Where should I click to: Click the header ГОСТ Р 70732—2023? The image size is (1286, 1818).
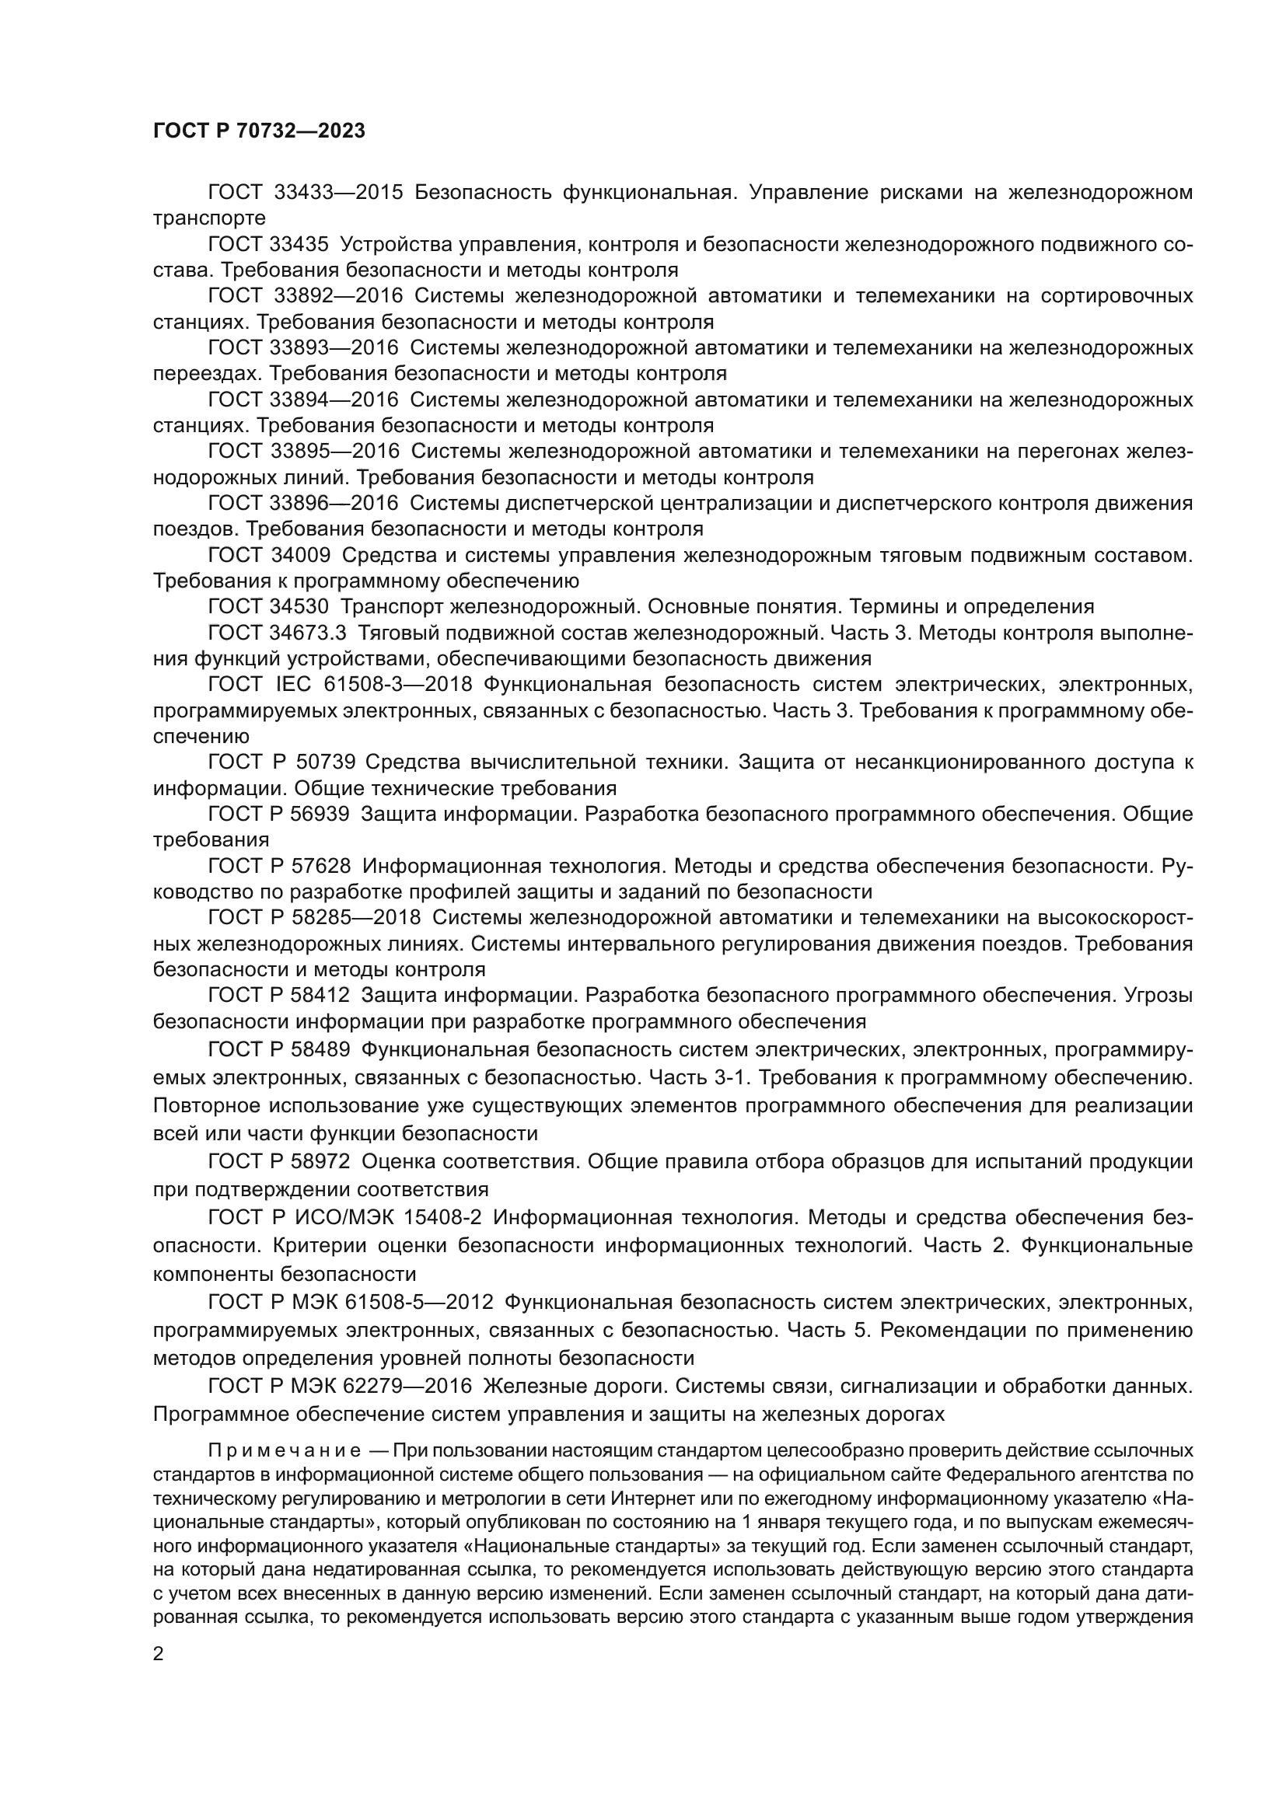[259, 131]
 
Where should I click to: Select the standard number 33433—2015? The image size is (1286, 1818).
[338, 193]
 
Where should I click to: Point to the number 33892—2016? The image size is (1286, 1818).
[338, 296]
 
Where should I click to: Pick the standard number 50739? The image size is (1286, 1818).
[326, 762]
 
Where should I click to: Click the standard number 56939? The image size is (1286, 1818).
[323, 814]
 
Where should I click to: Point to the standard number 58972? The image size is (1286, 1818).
[323, 1161]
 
